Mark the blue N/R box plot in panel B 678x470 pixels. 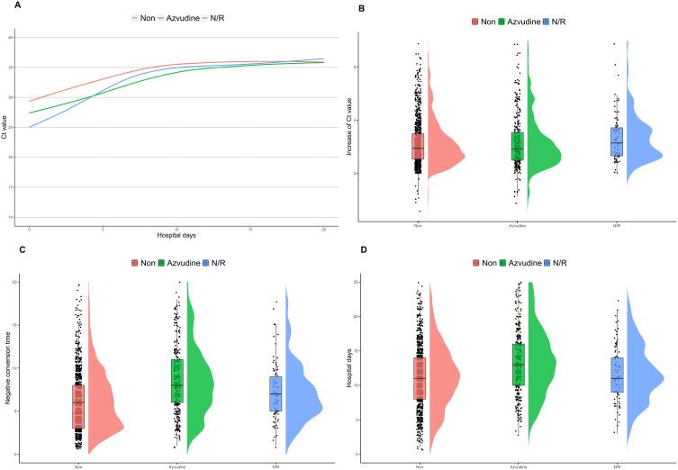click(x=616, y=141)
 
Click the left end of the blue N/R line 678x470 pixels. click(x=30, y=127)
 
